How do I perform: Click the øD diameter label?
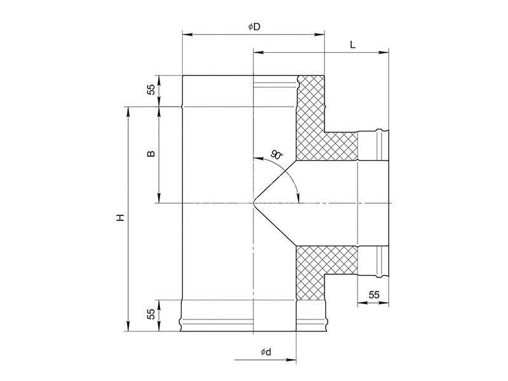coord(255,27)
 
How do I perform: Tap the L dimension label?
coord(353,44)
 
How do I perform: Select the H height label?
coord(121,218)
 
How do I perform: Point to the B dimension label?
coord(151,154)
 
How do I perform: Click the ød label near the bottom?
coord(265,352)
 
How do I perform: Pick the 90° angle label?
coord(277,154)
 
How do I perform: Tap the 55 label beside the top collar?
coord(151,90)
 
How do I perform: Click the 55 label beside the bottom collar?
coord(151,314)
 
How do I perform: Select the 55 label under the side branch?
coord(373,295)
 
